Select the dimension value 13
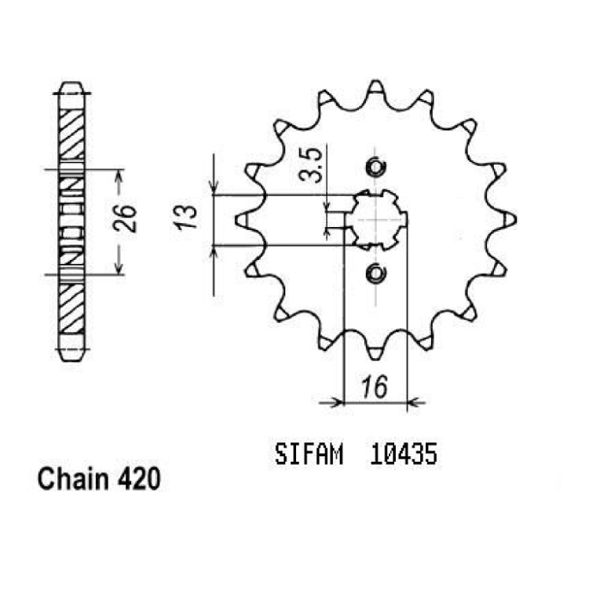pos(185,217)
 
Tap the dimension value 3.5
pos(310,165)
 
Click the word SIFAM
pos(309,454)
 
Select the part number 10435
pos(404,454)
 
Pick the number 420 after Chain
pos(139,479)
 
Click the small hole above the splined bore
pos(375,167)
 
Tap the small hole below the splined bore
pos(375,273)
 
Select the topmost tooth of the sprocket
pos(375,89)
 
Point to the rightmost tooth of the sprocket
pos(507,220)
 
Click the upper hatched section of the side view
pos(71,134)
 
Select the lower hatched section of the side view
pos(71,309)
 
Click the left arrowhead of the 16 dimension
pos(337,403)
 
